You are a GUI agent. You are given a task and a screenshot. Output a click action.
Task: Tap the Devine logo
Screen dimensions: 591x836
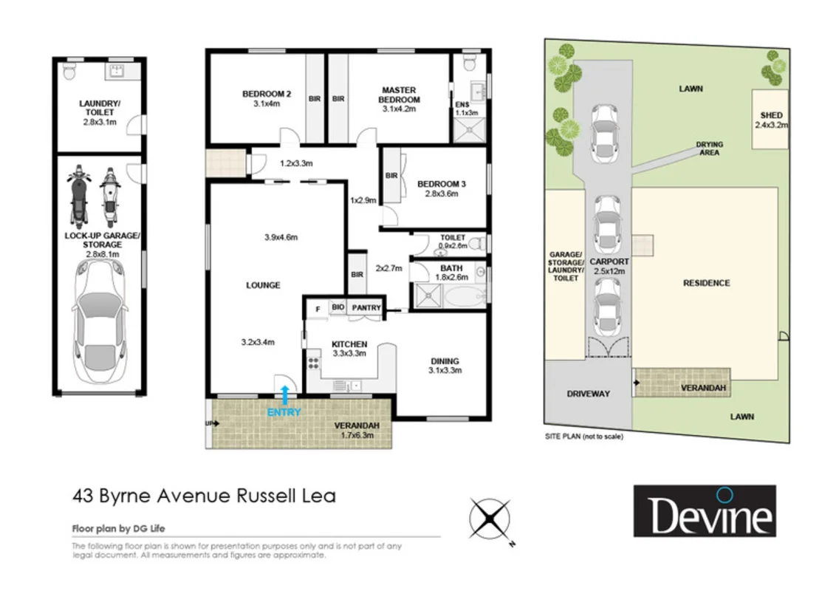tap(704, 510)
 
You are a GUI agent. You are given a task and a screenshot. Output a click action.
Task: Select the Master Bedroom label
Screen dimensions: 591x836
tap(400, 95)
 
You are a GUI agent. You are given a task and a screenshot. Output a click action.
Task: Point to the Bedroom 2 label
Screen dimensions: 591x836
tap(267, 94)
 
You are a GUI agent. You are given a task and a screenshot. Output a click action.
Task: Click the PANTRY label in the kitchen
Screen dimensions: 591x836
tap(367, 308)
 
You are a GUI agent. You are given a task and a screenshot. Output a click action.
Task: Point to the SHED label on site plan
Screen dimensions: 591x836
tap(771, 116)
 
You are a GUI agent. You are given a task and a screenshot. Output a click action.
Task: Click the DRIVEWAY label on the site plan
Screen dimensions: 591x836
tap(588, 394)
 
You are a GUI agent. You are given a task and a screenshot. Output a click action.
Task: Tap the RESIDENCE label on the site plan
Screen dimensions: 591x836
tap(706, 283)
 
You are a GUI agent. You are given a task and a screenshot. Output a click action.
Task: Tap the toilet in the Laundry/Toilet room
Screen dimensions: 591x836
tap(69, 71)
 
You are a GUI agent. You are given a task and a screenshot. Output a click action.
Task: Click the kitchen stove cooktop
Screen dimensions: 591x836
tap(313, 363)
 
